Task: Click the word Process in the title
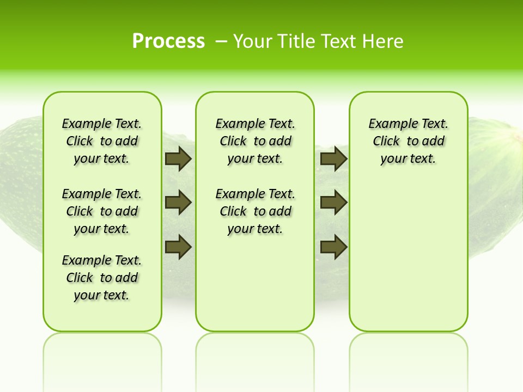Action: coord(168,41)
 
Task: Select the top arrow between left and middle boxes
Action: coord(178,159)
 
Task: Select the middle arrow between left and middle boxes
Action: coord(178,203)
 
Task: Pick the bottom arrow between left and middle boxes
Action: coord(178,246)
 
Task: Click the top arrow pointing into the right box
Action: coord(334,159)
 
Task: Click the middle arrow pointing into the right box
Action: coord(334,203)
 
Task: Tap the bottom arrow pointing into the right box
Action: coord(334,246)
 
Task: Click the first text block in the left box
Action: coord(102,141)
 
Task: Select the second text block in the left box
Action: coord(102,211)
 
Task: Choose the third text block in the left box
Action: coord(102,278)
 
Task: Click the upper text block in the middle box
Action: coord(255,141)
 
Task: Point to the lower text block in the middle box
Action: coord(255,211)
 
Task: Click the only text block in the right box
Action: coord(408,141)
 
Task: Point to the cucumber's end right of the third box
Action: coord(496,180)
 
